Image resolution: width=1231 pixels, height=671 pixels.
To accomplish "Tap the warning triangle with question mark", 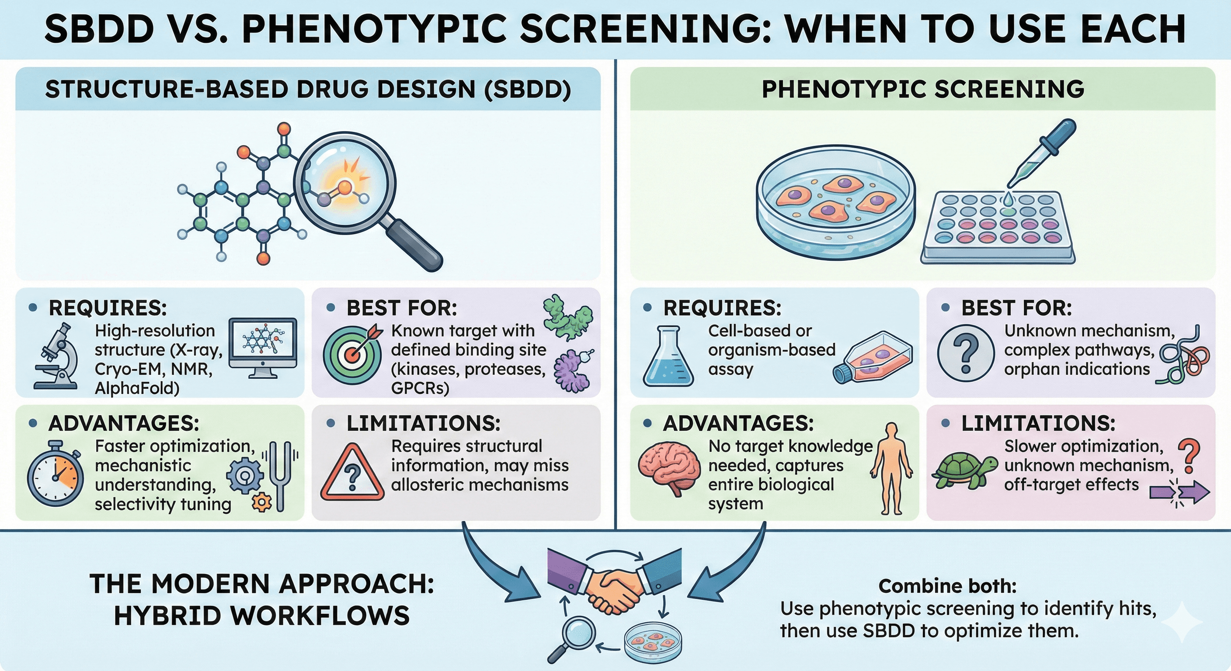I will point(353,473).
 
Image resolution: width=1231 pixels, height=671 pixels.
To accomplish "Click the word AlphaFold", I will point(137,388).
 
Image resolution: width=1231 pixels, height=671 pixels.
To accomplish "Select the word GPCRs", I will point(420,388).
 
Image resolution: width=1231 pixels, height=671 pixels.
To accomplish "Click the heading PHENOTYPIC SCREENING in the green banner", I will point(923,89).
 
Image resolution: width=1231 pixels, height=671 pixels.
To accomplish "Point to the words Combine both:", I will point(947,586).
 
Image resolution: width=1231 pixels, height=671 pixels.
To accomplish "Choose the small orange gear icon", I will point(261,502).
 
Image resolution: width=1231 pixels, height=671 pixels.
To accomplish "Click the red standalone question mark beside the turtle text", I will point(1189,455).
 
